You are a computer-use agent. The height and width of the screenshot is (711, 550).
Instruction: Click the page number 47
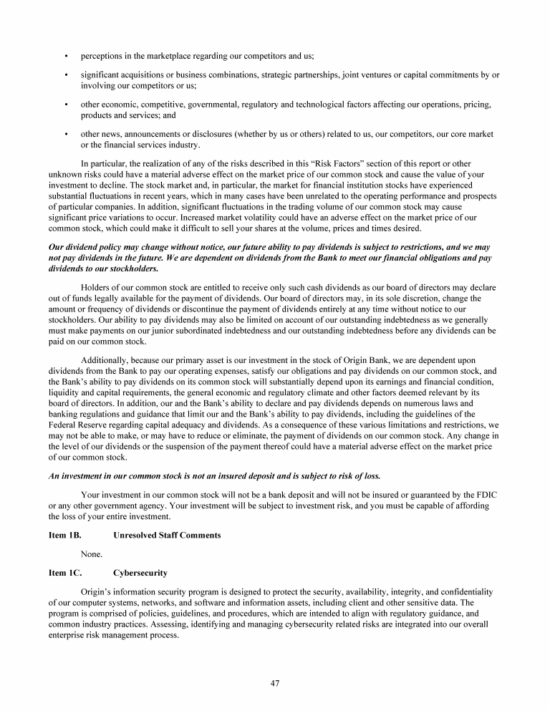click(274, 682)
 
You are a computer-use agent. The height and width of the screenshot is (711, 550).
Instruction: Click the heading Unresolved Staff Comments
click(167, 535)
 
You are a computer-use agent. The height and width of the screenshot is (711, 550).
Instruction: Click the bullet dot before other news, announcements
click(66, 134)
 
